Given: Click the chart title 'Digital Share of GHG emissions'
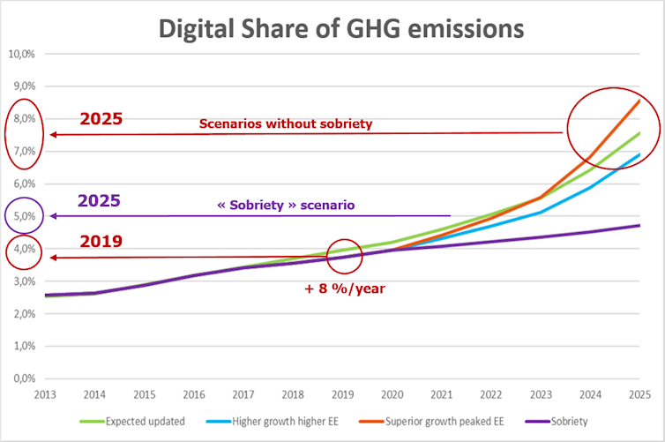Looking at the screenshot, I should [x=340, y=28].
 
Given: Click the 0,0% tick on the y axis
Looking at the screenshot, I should [x=23, y=378].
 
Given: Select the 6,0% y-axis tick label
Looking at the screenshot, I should [x=23, y=184].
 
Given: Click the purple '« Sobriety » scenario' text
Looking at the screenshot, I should [x=286, y=205].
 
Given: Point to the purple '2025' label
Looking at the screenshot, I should [x=99, y=201].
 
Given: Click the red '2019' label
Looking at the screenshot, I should [x=101, y=241].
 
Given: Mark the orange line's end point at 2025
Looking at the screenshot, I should [x=639, y=100].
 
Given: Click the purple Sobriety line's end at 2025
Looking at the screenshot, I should [x=639, y=225].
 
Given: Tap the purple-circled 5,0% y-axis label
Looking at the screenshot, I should [x=23, y=216].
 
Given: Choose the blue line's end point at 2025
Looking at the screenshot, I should [x=639, y=154].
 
